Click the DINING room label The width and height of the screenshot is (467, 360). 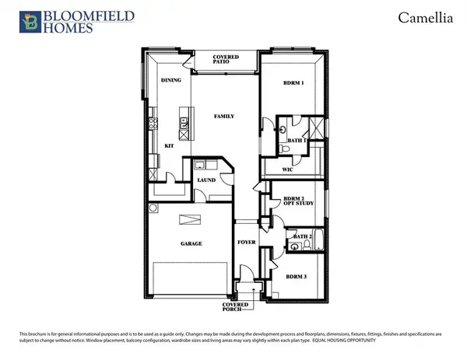[170, 80]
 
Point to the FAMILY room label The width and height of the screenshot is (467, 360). [225, 116]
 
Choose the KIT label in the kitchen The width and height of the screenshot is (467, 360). [168, 145]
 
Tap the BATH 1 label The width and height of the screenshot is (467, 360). [297, 140]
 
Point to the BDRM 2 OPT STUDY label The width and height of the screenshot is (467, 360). [293, 201]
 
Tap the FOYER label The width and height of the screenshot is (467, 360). [246, 243]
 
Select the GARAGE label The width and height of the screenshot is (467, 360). [191, 243]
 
